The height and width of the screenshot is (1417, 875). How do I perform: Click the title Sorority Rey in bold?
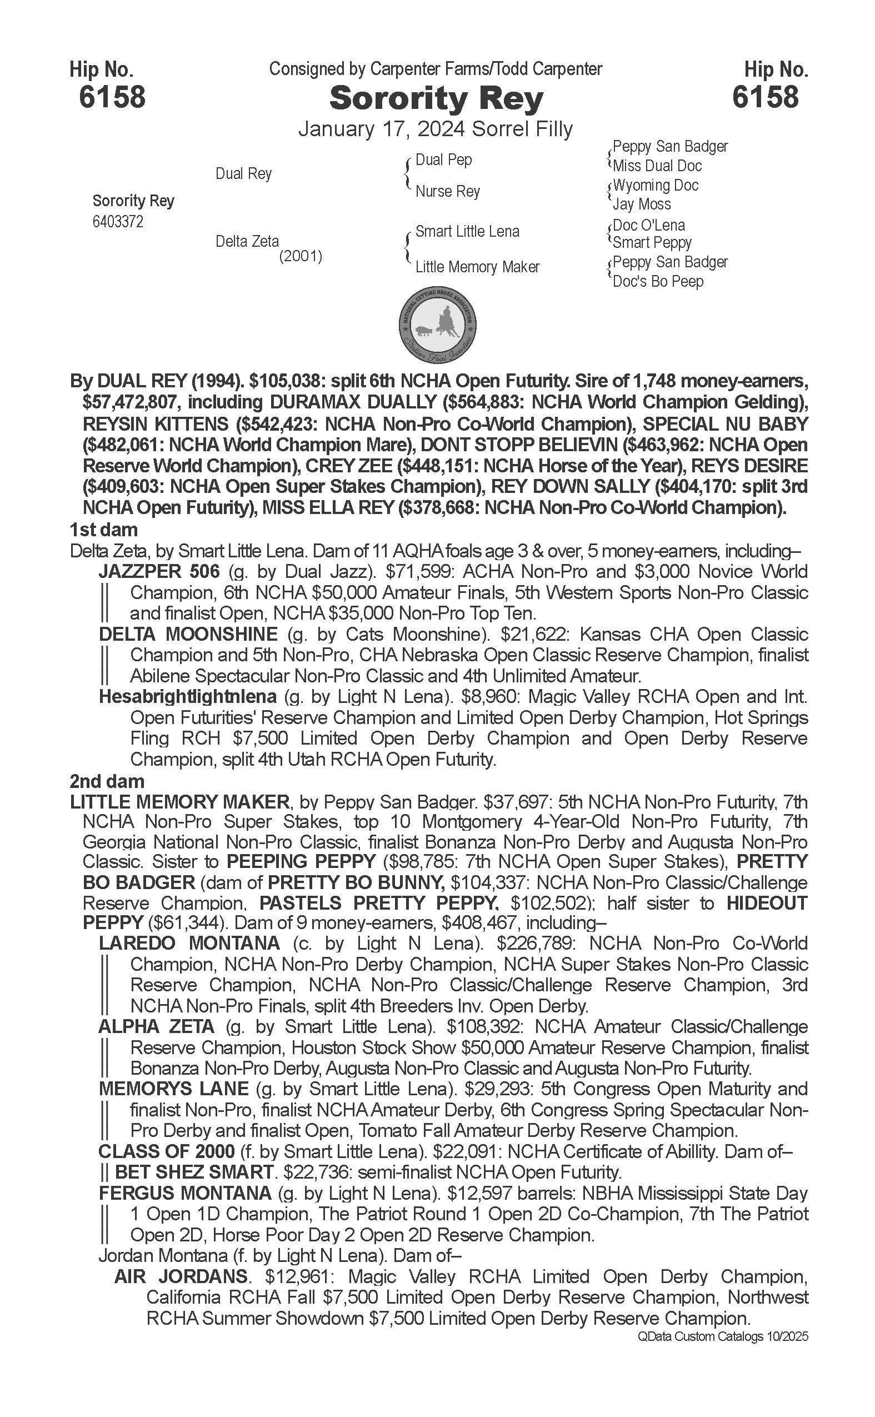(x=436, y=99)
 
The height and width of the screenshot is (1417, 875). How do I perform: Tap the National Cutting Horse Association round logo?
(x=438, y=325)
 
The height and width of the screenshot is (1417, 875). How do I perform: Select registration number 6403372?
(x=118, y=222)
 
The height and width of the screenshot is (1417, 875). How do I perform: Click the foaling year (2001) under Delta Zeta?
(x=301, y=256)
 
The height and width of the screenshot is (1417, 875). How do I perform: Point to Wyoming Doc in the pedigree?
(x=656, y=186)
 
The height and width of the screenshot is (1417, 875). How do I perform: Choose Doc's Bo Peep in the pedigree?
(x=658, y=282)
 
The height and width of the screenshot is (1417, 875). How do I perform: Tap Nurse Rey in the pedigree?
(x=447, y=192)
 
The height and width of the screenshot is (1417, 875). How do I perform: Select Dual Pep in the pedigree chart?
(x=444, y=160)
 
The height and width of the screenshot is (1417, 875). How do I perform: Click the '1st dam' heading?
(x=103, y=530)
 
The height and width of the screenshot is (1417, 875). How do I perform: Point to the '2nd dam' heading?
(x=107, y=781)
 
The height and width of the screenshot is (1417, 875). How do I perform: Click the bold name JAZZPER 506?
(x=159, y=572)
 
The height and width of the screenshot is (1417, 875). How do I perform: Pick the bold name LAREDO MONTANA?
(x=189, y=944)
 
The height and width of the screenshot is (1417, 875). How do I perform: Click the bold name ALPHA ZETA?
(x=156, y=1027)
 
